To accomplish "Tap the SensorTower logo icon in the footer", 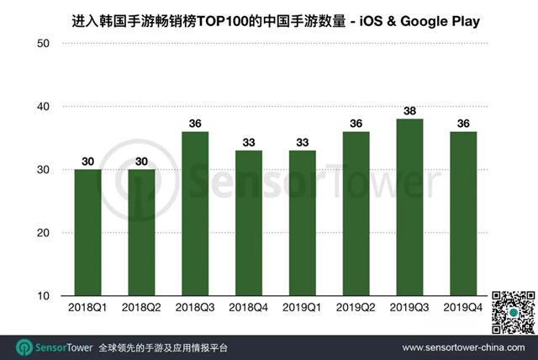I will point(24,347).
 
